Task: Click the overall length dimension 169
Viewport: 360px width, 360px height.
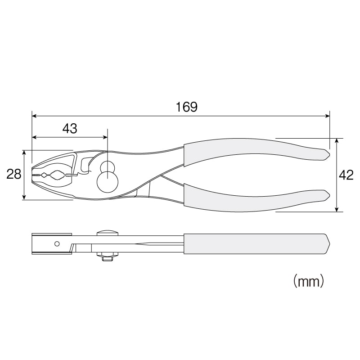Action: [186, 107]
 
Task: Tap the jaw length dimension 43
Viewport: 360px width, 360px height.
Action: [70, 129]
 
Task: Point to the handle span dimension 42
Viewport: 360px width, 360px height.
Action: [346, 175]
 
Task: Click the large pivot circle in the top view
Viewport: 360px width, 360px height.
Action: [108, 182]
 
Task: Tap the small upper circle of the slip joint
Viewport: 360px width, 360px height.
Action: [108, 166]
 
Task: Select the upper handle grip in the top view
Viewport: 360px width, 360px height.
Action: [256, 152]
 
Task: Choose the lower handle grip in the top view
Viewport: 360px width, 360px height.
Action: [256, 198]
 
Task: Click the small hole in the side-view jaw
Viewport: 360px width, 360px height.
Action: [57, 243]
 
